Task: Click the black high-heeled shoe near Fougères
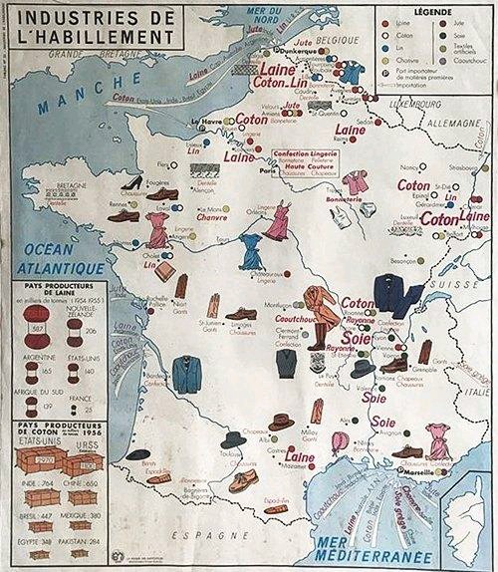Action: (x=132, y=182)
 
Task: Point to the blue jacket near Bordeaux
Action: (x=186, y=373)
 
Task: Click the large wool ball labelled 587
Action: (x=38, y=320)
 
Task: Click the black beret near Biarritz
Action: (x=138, y=453)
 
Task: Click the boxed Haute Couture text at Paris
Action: (x=306, y=167)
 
